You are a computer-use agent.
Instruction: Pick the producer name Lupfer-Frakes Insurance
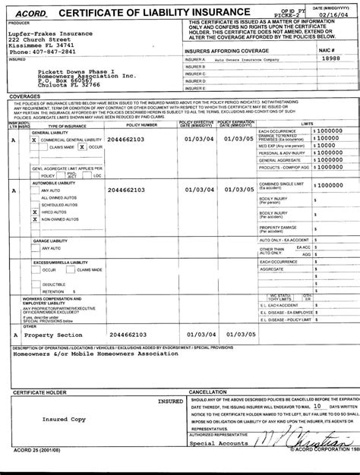pos(51,34)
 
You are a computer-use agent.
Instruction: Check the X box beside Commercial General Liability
pos(34,140)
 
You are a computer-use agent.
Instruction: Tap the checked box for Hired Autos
pos(34,212)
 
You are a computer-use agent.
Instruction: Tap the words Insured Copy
pos(63,419)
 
